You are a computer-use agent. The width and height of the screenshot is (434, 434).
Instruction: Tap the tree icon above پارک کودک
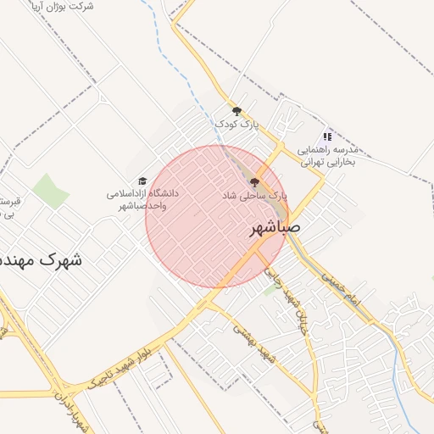pos(236,111)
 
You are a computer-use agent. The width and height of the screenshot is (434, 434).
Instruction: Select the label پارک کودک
pos(236,125)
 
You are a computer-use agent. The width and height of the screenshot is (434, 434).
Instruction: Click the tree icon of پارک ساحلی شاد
pos(254,181)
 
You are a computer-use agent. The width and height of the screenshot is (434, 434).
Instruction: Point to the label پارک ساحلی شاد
pos(255,195)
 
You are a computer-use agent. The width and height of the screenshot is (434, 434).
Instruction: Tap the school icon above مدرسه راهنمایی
pos(327,136)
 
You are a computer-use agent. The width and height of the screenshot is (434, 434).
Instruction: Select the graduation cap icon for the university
pos(142,181)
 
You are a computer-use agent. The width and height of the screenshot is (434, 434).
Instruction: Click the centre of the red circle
pos(217,217)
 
